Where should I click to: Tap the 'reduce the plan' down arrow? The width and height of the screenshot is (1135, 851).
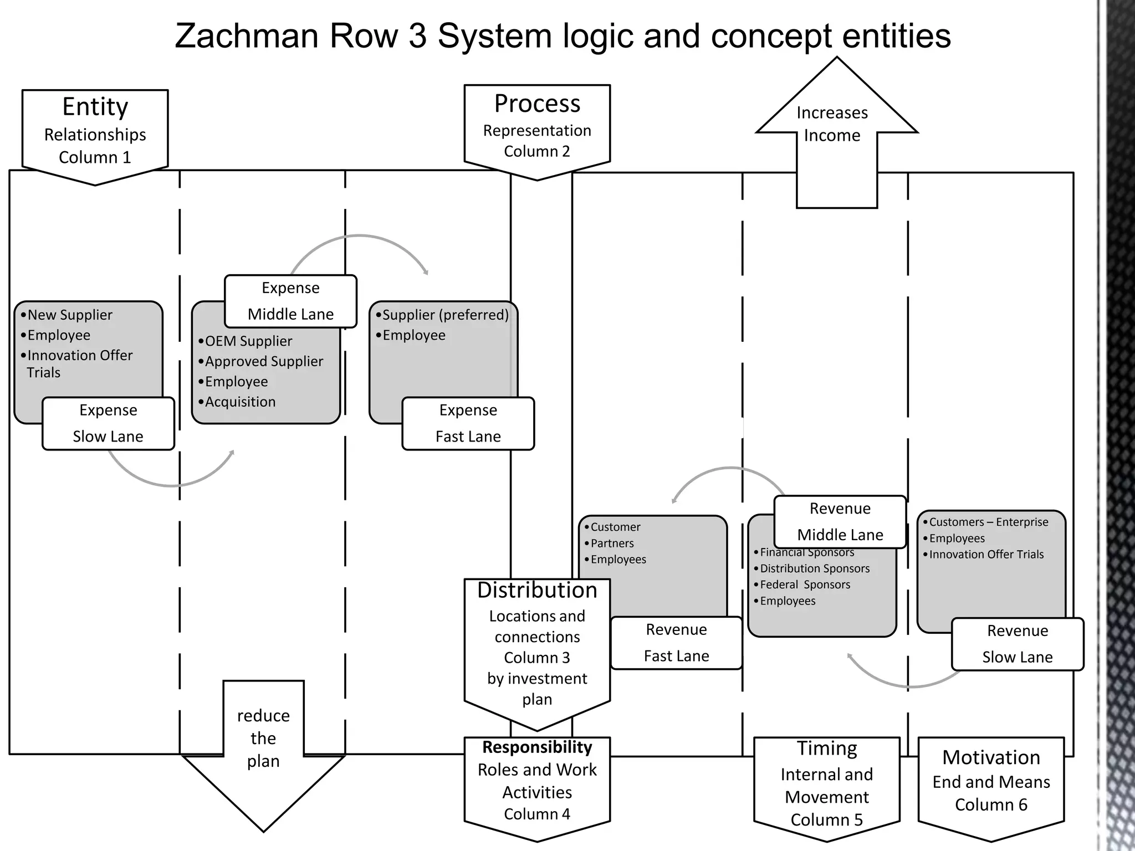click(x=263, y=748)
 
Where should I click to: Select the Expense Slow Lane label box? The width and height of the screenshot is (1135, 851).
click(x=108, y=423)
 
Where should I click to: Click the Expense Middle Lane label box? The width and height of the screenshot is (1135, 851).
click(x=290, y=301)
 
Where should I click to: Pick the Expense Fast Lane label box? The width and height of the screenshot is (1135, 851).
click(x=468, y=423)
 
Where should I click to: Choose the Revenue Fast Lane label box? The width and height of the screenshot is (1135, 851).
click(x=676, y=643)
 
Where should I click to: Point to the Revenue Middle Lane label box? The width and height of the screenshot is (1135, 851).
click(x=840, y=521)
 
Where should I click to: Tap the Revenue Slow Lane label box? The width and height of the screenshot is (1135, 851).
click(x=1017, y=644)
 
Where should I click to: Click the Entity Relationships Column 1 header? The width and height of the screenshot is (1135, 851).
click(x=95, y=133)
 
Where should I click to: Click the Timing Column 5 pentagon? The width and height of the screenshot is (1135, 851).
click(x=826, y=785)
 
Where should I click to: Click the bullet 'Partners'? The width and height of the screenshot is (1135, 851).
click(x=612, y=544)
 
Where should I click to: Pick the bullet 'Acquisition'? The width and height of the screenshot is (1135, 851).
click(x=240, y=402)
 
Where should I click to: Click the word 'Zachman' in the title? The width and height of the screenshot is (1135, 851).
click(x=247, y=36)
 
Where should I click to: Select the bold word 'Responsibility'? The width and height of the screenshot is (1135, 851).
click(x=537, y=747)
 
